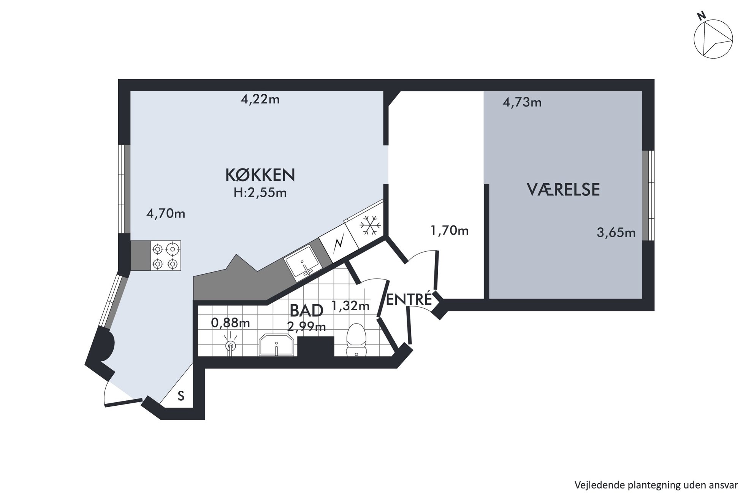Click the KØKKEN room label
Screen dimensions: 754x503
[260, 175]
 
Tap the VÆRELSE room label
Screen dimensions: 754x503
[563, 189]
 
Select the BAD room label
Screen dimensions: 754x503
[306, 311]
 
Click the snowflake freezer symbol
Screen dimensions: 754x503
[370, 225]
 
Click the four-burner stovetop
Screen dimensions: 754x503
[166, 255]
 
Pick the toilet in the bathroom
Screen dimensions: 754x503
[356, 340]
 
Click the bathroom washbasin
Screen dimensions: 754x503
[276, 345]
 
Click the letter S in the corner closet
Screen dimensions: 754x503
[181, 396]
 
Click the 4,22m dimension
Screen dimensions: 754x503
[260, 100]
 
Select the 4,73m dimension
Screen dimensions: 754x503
[522, 103]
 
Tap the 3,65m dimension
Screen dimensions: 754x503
[616, 233]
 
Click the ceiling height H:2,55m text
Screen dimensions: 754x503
[260, 193]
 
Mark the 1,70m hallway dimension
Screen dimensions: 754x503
[449, 231]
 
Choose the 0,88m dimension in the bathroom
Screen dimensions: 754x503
[230, 323]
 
